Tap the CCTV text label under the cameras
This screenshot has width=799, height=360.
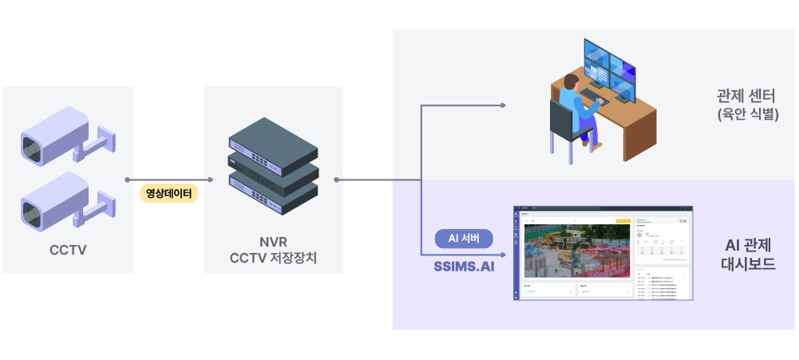68,250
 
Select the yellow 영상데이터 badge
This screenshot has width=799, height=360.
169,193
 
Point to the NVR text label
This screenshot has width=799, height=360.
273,241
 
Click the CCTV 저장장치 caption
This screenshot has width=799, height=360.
273,258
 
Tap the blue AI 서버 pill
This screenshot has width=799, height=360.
464,238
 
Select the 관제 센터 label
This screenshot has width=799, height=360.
747,97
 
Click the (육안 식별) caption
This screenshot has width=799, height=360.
747,115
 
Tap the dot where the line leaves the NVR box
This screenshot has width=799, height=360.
338,180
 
